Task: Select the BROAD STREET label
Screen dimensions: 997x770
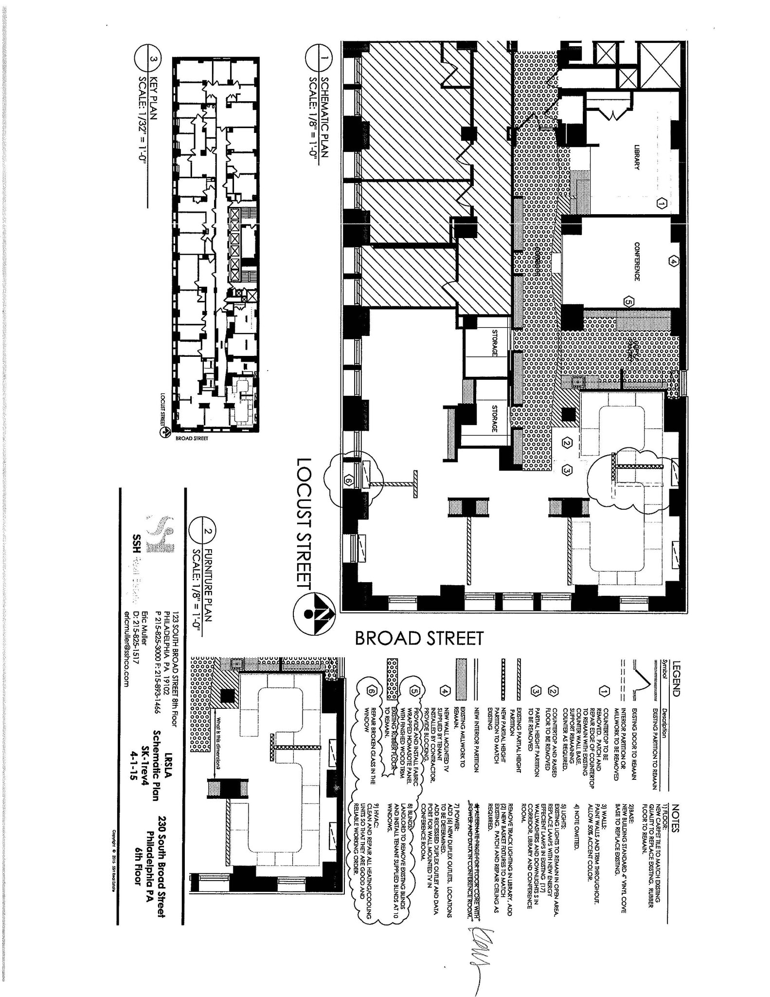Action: (419, 638)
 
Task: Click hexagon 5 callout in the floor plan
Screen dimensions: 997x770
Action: (628, 302)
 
